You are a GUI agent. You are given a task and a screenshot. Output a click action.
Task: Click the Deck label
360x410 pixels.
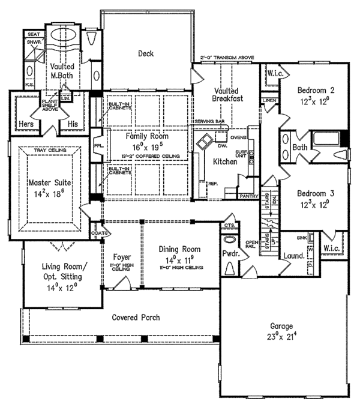[x=146, y=54]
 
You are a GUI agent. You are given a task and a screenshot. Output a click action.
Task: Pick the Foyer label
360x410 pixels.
[x=122, y=258]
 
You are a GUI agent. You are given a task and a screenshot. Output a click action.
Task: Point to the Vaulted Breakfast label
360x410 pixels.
[x=226, y=94]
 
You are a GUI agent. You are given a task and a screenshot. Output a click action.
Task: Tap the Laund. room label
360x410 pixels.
[x=293, y=255]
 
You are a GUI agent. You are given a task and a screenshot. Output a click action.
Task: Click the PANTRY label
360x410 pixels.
[x=248, y=196]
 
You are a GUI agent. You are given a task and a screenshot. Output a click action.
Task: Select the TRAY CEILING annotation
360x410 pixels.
[x=47, y=149]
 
